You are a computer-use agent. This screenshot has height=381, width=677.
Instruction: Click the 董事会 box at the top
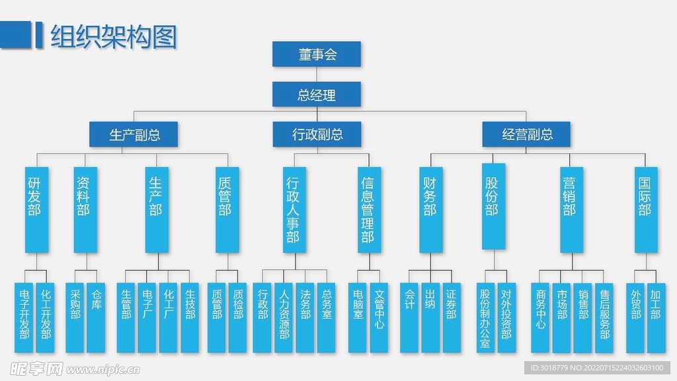coord(317,54)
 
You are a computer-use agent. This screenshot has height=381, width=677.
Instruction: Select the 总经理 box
coord(317,95)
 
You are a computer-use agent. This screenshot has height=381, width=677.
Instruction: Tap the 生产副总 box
coord(134,135)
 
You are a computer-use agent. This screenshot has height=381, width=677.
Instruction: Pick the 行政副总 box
coord(317,135)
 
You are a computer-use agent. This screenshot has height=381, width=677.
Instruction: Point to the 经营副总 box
coord(527,135)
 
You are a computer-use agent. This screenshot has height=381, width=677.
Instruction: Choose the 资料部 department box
coord(83,208)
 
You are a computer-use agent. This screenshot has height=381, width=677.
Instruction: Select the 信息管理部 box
coord(368,208)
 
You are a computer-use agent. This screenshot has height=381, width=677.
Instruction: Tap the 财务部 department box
coord(430,208)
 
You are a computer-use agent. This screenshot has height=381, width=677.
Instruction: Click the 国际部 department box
coord(645,208)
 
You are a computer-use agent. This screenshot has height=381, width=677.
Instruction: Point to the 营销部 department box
coord(569,208)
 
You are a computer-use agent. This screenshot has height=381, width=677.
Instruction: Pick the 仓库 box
coord(97,317)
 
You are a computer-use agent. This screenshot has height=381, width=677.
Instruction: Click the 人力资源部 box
coord(284,317)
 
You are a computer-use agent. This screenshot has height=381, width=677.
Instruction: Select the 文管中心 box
coord(379,317)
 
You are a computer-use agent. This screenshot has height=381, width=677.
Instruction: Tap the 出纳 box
coord(430,317)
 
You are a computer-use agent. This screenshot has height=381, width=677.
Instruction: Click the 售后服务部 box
coord(604,317)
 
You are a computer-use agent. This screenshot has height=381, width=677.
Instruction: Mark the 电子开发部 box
coord(24,317)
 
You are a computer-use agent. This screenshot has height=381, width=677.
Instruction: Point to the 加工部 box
coord(655,317)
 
